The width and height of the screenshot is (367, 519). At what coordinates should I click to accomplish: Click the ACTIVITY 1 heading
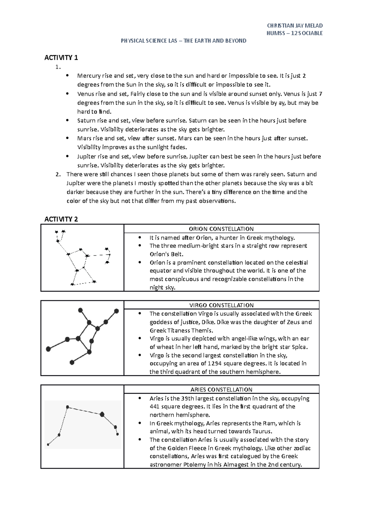(x=61, y=57)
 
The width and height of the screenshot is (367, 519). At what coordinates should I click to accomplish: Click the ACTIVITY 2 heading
(x=61, y=219)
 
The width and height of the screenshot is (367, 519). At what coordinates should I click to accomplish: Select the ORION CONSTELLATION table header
(x=221, y=229)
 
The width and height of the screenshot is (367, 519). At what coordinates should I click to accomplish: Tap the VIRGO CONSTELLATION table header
(x=221, y=305)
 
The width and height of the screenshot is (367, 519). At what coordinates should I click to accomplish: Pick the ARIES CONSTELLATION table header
(x=221, y=389)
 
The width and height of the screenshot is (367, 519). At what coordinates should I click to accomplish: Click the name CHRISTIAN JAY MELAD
(x=295, y=26)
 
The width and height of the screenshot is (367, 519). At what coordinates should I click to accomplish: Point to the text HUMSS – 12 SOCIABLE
(x=295, y=33)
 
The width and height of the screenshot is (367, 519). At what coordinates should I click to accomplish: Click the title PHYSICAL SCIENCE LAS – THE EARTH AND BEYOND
(x=183, y=41)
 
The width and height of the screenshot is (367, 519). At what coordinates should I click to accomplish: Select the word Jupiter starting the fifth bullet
(x=86, y=156)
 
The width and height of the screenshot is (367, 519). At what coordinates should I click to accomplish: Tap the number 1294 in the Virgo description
(x=215, y=363)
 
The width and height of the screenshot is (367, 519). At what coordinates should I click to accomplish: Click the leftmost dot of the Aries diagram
(x=48, y=444)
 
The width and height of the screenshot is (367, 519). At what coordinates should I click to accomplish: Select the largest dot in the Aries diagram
(x=102, y=414)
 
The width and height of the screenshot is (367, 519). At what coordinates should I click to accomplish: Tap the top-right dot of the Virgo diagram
(x=116, y=311)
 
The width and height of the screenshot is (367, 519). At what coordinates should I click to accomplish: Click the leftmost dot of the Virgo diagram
(x=48, y=349)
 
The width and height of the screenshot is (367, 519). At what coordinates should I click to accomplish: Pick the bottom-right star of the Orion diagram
(x=94, y=282)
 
